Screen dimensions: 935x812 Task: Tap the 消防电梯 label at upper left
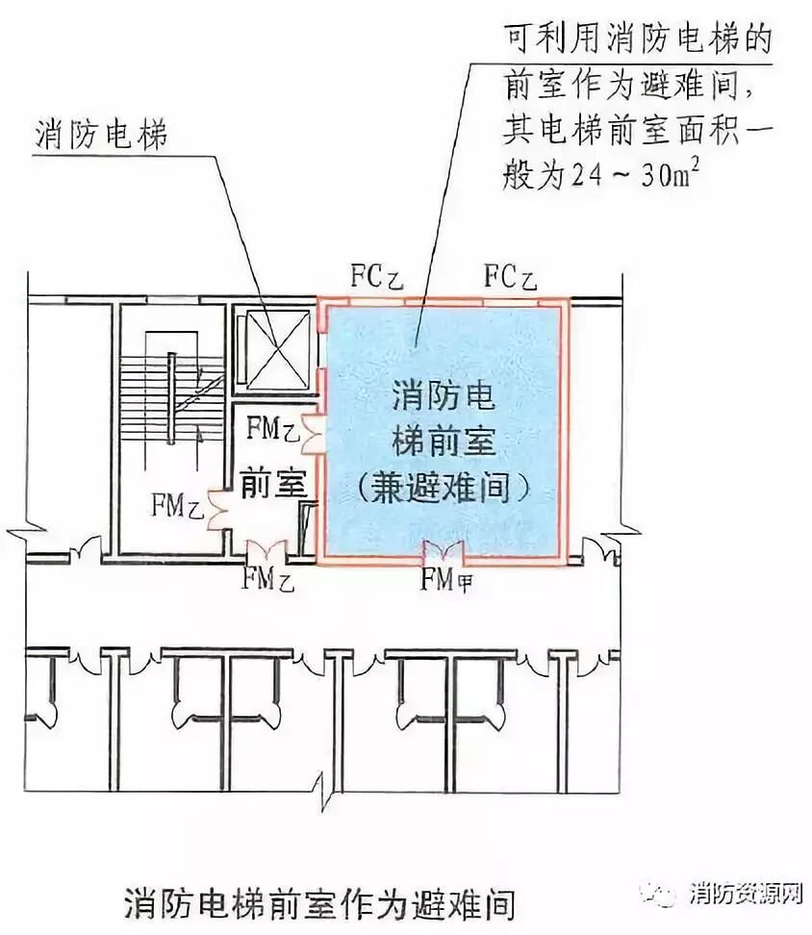(101, 134)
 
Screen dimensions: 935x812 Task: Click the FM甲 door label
(446, 580)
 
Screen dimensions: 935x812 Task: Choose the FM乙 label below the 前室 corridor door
(267, 579)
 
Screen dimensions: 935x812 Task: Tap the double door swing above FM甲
(444, 552)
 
